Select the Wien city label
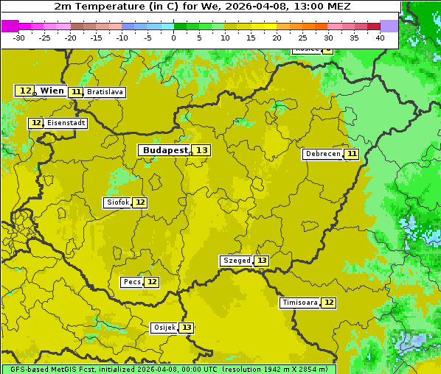(52, 91)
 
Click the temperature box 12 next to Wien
(25, 91)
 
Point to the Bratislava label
(104, 92)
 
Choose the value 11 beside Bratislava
(76, 92)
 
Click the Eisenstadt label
(66, 123)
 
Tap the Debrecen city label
(322, 154)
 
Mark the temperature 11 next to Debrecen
(352, 154)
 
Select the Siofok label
(117, 202)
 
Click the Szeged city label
(236, 261)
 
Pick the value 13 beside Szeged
(262, 261)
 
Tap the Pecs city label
(132, 282)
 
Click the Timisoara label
(300, 303)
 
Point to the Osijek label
(164, 328)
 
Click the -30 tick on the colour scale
(19, 38)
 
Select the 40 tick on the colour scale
(380, 38)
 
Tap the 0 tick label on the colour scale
(174, 38)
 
